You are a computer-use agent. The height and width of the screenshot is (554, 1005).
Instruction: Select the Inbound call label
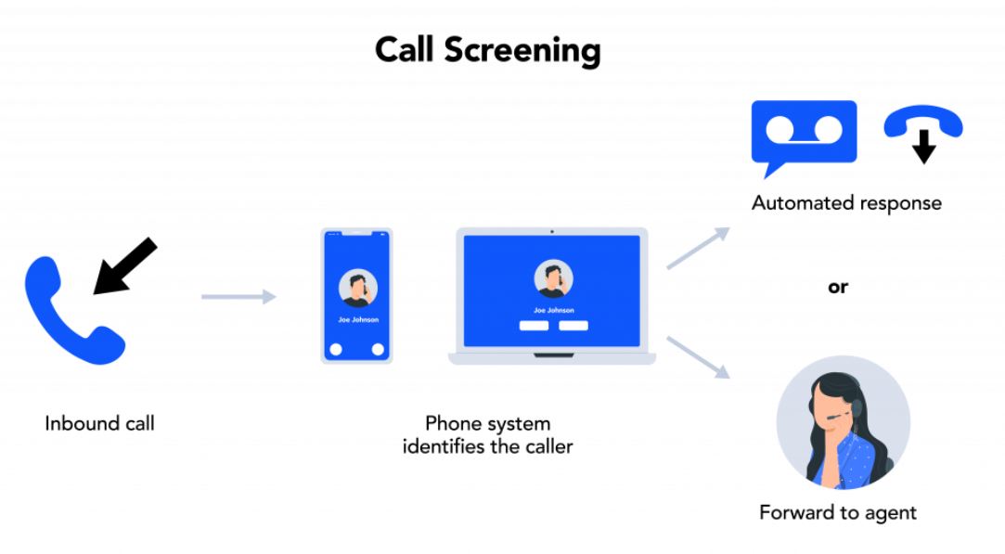pos(99,424)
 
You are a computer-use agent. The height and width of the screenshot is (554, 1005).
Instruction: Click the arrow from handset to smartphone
pos(238,297)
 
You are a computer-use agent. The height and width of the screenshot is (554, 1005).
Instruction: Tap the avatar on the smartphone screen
pos(357,288)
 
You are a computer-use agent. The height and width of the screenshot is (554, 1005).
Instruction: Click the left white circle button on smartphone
pos(336,350)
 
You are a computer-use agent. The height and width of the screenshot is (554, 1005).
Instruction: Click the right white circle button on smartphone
pos(378,350)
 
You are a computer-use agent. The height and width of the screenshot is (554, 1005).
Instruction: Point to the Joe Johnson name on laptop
pos(553,310)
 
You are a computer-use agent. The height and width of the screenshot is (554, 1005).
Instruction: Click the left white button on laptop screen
pos(534,326)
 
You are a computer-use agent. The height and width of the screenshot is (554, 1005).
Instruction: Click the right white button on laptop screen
pos(573,326)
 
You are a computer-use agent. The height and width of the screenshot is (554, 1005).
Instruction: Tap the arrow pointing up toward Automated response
pos(698,249)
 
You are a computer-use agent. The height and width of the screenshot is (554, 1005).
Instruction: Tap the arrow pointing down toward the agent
pos(698,356)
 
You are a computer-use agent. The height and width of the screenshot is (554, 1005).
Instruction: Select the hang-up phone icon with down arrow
pos(922,132)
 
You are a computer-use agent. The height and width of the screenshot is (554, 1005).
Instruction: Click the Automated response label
pos(846,203)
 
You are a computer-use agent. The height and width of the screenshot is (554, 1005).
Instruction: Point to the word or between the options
pos(838,288)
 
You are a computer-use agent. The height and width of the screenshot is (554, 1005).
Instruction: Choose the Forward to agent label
pos(838,512)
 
